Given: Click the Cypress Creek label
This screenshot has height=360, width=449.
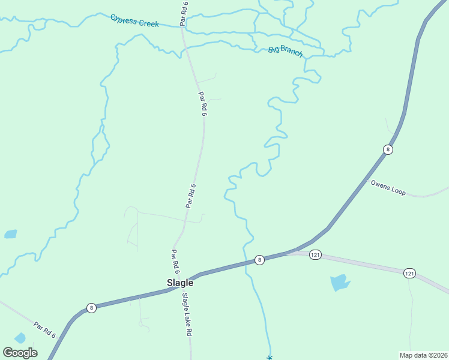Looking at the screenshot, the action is tap(134, 21).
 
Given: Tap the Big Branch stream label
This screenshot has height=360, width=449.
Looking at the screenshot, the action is tap(286, 52).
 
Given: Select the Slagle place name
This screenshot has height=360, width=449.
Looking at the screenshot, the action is tap(179, 283).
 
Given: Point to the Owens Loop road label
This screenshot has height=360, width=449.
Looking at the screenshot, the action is tap(388, 188).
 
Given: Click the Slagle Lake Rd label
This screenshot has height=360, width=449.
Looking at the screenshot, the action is tap(187, 314).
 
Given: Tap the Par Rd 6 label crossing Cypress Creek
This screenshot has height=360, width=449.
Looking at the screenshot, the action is tap(184, 13).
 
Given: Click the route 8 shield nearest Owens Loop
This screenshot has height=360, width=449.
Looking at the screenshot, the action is tap(388, 149).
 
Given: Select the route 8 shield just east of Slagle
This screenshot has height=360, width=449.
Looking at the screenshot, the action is tap(259, 260).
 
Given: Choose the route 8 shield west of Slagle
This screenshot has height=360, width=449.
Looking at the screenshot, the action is tap(91, 308).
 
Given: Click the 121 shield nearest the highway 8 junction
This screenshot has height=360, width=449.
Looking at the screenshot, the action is tap(316, 256).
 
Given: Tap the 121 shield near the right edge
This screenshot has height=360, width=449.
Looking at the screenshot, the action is tap(409, 273).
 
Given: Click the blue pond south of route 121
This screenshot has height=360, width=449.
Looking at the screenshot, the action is tap(340, 282).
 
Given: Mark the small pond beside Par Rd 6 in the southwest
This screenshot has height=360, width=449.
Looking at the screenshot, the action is tap(20, 338).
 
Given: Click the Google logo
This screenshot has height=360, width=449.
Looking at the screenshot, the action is tap(20, 353).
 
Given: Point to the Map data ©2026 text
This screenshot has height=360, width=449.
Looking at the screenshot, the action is tap(423, 355).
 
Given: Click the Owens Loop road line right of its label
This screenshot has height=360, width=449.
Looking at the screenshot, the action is tap(429, 195).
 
